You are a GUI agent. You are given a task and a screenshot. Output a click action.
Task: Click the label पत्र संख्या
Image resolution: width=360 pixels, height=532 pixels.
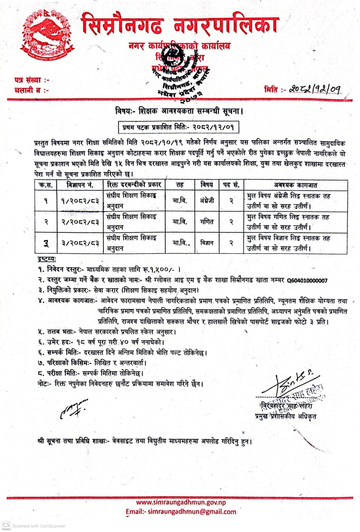click(x=31, y=80)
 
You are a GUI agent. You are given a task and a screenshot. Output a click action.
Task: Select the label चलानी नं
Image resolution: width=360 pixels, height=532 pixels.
click(x=31, y=90)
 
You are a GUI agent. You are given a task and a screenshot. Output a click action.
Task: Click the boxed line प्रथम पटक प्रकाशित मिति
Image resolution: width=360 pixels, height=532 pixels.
click(x=178, y=127)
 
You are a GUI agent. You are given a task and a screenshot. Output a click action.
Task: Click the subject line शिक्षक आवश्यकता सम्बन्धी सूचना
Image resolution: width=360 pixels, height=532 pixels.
click(x=179, y=111)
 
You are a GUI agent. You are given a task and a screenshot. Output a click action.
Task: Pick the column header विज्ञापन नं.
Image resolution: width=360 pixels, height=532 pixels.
click(x=80, y=185)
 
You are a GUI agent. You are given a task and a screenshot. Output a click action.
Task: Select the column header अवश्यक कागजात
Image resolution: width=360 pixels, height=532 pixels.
click(x=295, y=185)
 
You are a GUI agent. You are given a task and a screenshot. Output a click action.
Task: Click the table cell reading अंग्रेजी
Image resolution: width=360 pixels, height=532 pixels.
click(x=207, y=201)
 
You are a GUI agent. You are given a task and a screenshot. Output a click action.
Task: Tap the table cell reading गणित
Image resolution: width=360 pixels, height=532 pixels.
click(x=207, y=222)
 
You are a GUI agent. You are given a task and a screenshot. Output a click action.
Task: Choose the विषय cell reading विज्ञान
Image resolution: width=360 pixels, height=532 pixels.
click(x=207, y=243)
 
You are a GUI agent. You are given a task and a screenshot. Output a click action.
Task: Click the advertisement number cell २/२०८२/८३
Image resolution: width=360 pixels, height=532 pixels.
click(x=80, y=222)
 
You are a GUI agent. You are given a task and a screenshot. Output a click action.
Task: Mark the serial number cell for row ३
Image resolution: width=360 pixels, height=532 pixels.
click(x=46, y=244)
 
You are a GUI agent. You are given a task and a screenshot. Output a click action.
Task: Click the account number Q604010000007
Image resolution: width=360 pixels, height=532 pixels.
click(x=307, y=281)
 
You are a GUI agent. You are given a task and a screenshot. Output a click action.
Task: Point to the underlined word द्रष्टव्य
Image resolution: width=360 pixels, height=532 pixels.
click(x=47, y=259)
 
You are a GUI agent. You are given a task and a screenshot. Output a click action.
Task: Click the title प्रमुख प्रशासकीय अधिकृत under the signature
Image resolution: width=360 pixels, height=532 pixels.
click(x=285, y=416)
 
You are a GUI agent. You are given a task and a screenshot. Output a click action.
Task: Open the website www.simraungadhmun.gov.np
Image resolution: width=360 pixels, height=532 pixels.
click(x=181, y=502)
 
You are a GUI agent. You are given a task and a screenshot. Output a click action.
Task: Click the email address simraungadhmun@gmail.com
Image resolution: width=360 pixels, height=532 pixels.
click(x=192, y=512)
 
